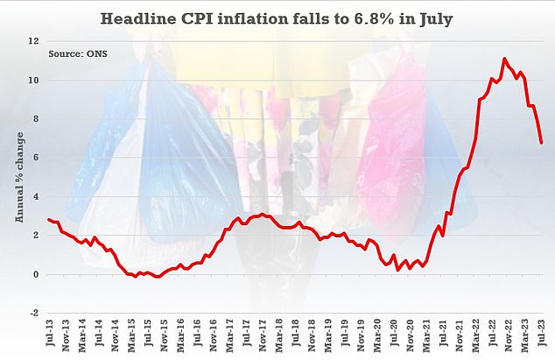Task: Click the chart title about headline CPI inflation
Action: click(x=277, y=18)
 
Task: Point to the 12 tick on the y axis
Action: click(x=32, y=41)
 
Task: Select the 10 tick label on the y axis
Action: click(x=32, y=81)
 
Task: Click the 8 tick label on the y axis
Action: click(x=35, y=119)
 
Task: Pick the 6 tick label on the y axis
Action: click(x=35, y=158)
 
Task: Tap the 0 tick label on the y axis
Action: click(x=35, y=274)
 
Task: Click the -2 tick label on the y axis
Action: click(x=33, y=313)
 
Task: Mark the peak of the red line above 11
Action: click(x=504, y=59)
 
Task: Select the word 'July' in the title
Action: click(x=437, y=18)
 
